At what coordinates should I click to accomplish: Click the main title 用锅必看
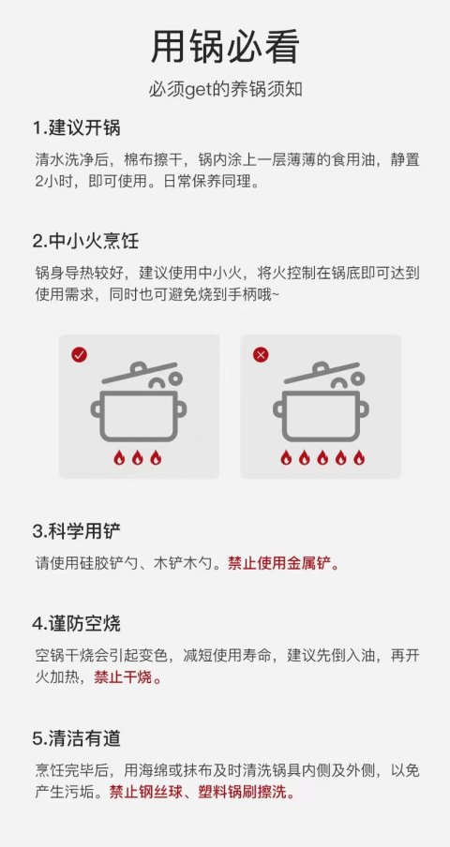click(x=225, y=48)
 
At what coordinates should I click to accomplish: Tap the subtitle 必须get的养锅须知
click(x=225, y=90)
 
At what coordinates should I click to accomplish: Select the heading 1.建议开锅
click(x=76, y=128)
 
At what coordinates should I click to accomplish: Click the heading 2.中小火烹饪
click(x=85, y=241)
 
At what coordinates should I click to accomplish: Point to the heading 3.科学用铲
click(x=76, y=531)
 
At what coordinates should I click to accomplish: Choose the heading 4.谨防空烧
click(x=76, y=623)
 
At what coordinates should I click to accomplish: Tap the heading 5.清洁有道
click(x=76, y=738)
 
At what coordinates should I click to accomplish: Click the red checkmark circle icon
click(x=80, y=355)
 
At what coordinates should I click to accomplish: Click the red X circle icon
click(x=261, y=355)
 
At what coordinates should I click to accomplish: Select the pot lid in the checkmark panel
click(x=140, y=373)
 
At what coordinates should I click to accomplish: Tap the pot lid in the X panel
click(x=322, y=373)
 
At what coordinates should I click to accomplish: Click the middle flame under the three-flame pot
click(x=138, y=457)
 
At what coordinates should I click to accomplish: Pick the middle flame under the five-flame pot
click(x=322, y=457)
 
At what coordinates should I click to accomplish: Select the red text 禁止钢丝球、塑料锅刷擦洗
click(x=202, y=792)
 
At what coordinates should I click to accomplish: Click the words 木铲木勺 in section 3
click(x=181, y=563)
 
